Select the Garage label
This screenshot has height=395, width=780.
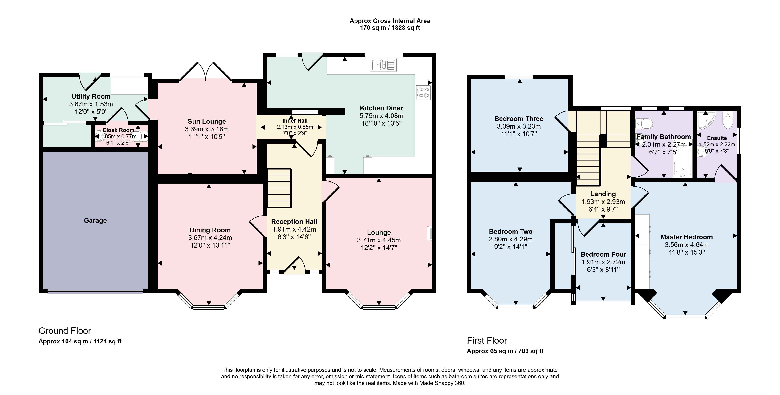tap(95, 221)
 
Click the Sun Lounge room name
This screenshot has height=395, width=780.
tap(207, 121)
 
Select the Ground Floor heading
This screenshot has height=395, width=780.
tap(65, 331)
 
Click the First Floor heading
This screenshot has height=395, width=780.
tap(487, 341)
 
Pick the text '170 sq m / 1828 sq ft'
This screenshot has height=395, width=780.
tap(390, 28)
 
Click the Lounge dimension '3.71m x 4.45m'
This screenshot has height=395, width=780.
tap(379, 240)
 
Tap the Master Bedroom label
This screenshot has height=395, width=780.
tap(686, 237)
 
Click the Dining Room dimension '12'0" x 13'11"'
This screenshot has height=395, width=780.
tap(210, 245)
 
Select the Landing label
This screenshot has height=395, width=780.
tap(603, 194)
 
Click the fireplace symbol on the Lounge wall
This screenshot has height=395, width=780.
tap(429, 233)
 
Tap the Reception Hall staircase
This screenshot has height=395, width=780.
tap(279, 188)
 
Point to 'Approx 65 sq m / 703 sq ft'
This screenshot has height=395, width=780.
tap(505, 351)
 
